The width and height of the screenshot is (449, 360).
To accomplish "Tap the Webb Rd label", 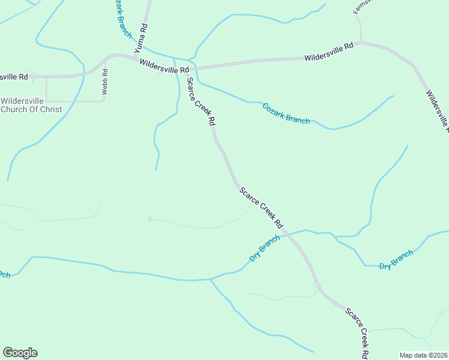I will point(104,82).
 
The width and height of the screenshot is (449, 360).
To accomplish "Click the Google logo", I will point(20,353).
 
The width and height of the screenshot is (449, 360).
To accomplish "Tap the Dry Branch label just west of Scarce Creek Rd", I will point(265,248).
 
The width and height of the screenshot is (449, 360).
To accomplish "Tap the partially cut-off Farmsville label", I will point(363,6).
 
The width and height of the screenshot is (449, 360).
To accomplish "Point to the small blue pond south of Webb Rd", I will point(149,218).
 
